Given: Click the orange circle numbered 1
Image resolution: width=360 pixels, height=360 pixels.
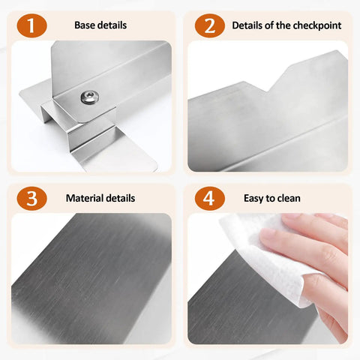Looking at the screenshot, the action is coord(31,25).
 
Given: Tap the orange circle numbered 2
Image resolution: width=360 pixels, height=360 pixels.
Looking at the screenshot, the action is coord(210,25).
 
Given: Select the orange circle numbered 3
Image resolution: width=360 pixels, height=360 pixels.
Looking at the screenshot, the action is coord(31,199).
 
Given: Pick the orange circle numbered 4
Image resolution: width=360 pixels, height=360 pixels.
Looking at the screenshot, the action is coord(210,199).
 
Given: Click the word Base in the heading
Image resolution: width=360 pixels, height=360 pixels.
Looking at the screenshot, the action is coord(85,25).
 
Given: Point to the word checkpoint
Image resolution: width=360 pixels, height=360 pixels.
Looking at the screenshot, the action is coord(317,25).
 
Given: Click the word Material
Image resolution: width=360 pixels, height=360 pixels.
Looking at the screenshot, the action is coord(85,198).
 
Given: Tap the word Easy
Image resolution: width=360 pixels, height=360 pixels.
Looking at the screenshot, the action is coord(253,199).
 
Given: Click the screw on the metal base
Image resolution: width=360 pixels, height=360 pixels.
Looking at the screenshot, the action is coord(90,97).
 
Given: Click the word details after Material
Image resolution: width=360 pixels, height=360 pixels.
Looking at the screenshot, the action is coord(121,198).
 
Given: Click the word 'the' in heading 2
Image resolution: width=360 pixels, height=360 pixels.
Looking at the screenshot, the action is coord(283,25).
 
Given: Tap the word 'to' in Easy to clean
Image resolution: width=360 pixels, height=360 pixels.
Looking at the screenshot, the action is coord(270,199).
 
